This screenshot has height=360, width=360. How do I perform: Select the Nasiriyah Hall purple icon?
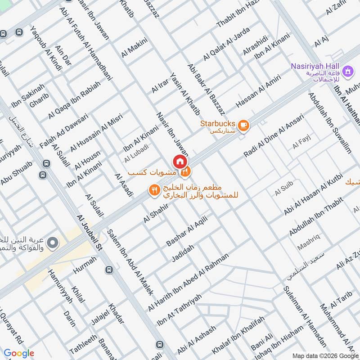pos(347,71)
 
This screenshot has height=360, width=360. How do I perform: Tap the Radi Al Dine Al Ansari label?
pos(274,135)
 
